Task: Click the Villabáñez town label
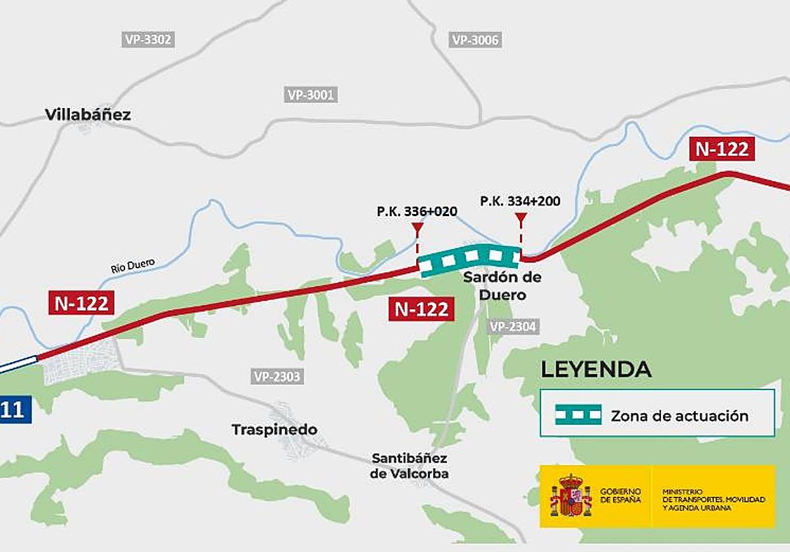coord(88,115)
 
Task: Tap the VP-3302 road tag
coord(148,40)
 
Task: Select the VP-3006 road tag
coord(475,40)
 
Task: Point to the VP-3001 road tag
coord(311,95)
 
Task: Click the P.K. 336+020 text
coord(417,211)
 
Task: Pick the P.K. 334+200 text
coord(520,201)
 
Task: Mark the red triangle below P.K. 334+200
coord(521,218)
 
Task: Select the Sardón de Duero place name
coord(502,286)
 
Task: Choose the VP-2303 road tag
coord(276,377)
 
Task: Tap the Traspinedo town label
coord(274,429)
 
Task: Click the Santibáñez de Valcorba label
coord(409,465)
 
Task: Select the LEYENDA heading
coord(596,370)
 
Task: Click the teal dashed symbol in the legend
coord(578,415)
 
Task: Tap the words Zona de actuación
coord(679,416)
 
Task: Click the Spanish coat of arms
coord(571,496)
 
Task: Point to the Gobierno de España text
coord(620,496)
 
